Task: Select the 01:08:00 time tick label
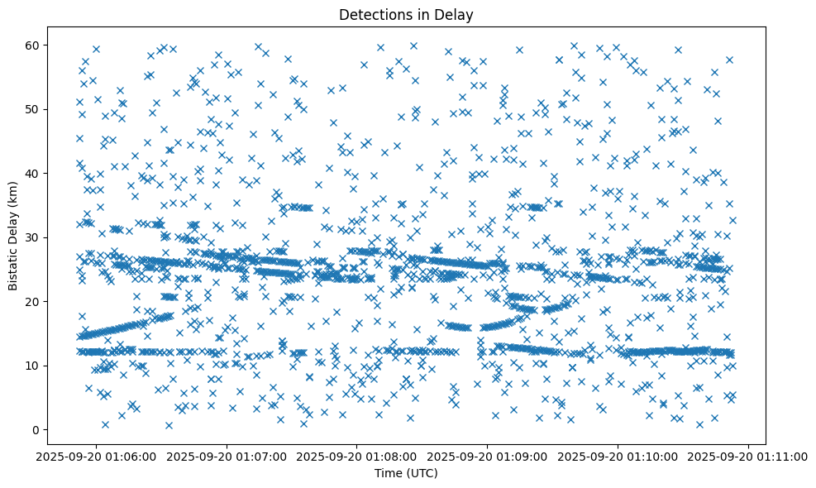click(x=357, y=456)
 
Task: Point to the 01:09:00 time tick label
click(x=488, y=456)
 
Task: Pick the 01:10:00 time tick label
click(x=619, y=456)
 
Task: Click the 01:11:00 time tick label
click(x=750, y=456)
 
